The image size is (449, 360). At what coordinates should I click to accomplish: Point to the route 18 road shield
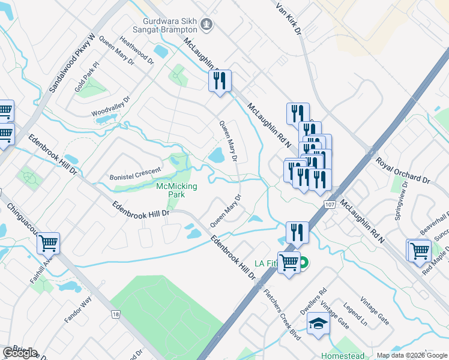(115, 314)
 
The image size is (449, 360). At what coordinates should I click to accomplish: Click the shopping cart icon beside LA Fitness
(289, 262)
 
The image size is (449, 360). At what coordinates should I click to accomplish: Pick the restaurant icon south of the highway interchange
(297, 232)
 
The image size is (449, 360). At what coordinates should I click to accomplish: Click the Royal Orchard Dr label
(403, 171)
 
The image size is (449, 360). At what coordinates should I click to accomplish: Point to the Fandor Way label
(77, 309)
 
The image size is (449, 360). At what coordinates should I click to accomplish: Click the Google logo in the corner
(20, 353)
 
